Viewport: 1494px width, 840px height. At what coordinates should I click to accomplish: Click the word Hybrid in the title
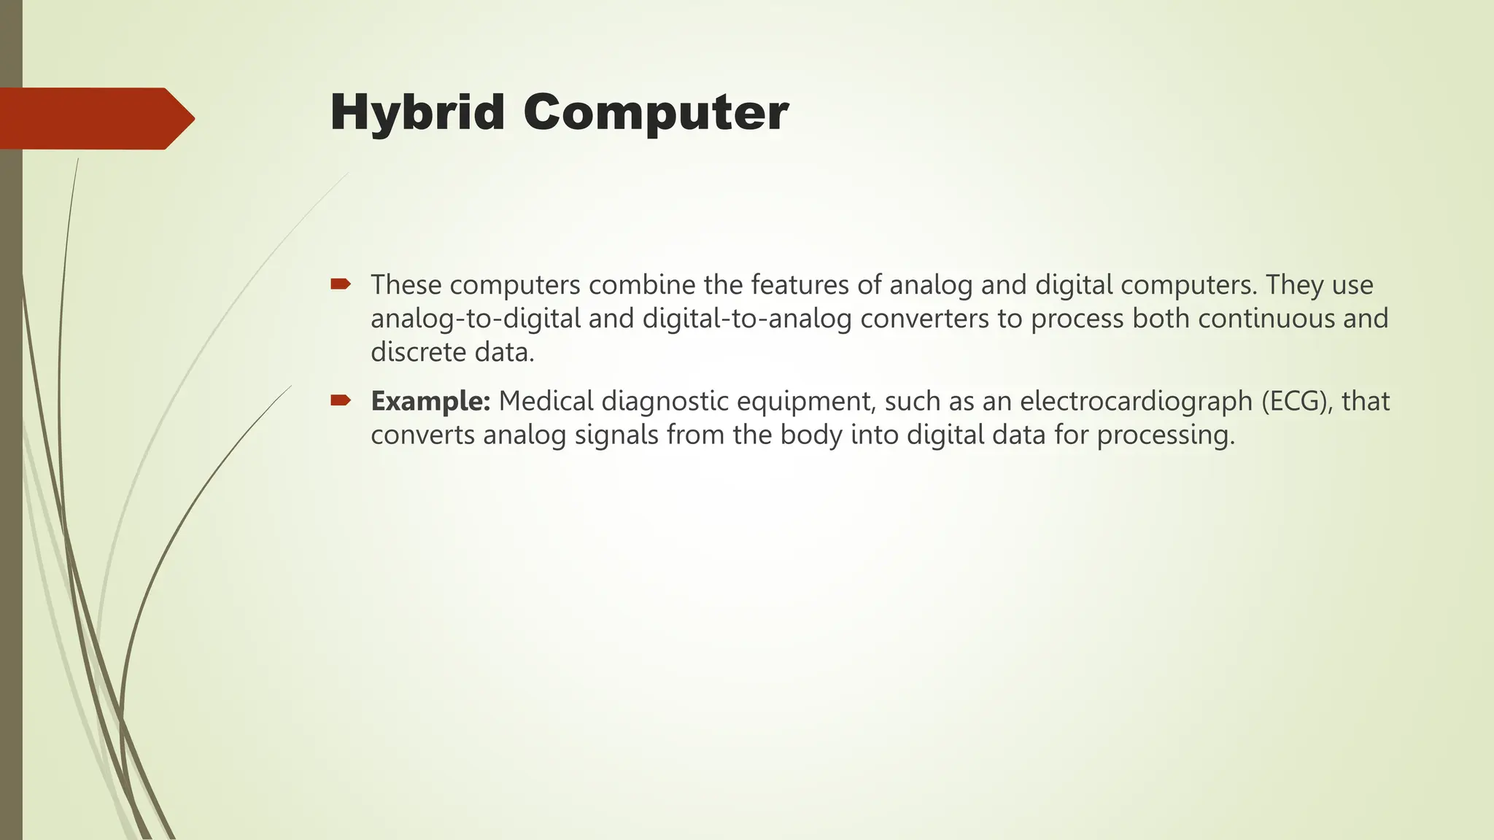point(417,113)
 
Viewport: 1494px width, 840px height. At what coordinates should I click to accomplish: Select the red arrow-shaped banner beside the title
point(95,118)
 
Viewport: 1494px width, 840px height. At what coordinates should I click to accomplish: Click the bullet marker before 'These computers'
point(340,284)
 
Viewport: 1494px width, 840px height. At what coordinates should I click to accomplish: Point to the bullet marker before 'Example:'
point(340,400)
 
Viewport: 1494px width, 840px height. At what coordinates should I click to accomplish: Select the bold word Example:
point(430,401)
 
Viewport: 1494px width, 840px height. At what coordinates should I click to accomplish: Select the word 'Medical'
point(546,401)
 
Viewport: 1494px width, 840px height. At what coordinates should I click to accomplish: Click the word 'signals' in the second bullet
point(616,435)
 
